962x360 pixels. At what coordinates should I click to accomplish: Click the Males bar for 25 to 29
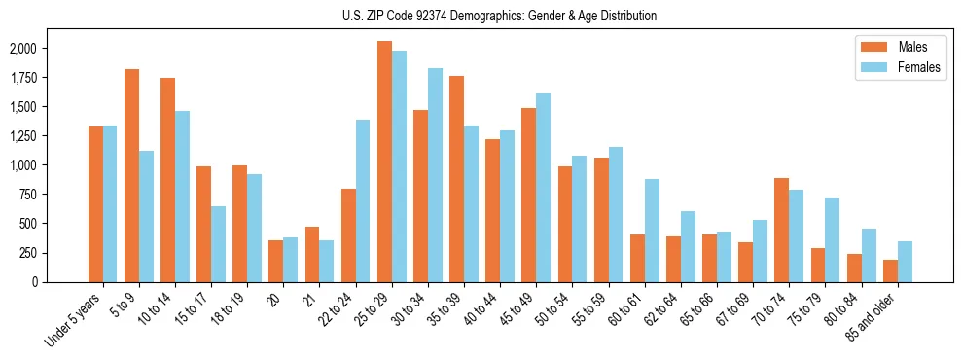[384, 162]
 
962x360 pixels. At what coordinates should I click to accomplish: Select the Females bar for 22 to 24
[363, 200]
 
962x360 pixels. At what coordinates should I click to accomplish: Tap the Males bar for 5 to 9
[131, 175]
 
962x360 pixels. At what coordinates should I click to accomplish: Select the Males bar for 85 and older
[890, 270]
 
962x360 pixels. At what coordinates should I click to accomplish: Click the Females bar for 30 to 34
[435, 175]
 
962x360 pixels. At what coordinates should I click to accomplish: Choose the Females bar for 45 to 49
[543, 188]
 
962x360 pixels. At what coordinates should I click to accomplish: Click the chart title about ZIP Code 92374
[499, 16]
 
